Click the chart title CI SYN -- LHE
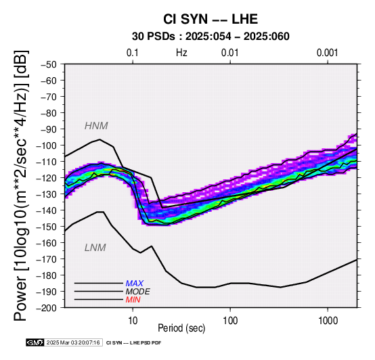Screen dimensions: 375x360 [x=211, y=19]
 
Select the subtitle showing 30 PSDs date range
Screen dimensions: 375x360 [x=211, y=37]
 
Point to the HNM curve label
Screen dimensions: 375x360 [x=96, y=126]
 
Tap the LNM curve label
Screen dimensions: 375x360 [x=95, y=248]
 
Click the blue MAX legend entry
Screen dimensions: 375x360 [x=134, y=284]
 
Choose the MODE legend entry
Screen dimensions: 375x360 [x=138, y=292]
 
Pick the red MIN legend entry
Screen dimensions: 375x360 [x=133, y=300]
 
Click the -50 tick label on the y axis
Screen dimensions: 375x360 [x=49, y=64]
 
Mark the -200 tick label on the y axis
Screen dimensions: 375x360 [x=47, y=308]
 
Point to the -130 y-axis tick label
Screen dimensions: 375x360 [x=47, y=194]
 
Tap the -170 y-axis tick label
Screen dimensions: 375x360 [x=47, y=259]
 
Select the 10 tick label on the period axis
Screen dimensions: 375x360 [x=133, y=321]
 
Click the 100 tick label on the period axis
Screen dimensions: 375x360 [x=230, y=321]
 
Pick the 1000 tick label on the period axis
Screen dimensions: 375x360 [x=328, y=321]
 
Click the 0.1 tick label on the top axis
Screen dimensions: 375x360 [x=133, y=53]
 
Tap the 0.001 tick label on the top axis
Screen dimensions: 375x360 [x=328, y=53]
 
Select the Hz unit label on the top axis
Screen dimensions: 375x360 [x=181, y=53]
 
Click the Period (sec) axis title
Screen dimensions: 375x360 [x=181, y=328]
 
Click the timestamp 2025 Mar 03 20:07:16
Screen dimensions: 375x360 [x=73, y=343]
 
